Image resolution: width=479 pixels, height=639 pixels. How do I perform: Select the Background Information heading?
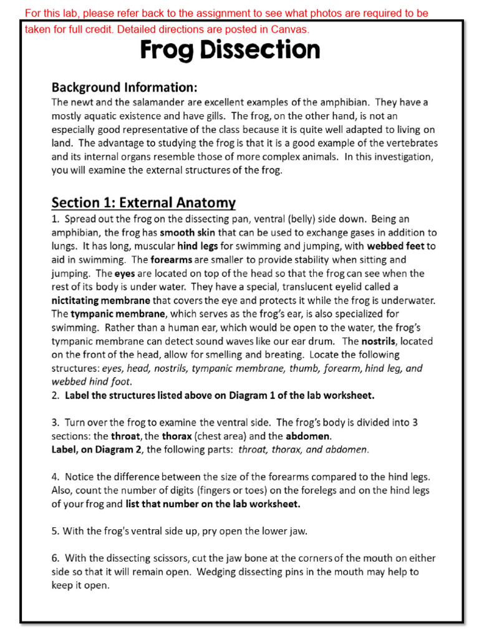124,87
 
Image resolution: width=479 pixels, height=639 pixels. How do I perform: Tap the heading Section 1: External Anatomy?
143,202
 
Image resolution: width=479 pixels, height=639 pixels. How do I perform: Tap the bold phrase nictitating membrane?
100,300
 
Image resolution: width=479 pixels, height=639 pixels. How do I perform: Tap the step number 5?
55,531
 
